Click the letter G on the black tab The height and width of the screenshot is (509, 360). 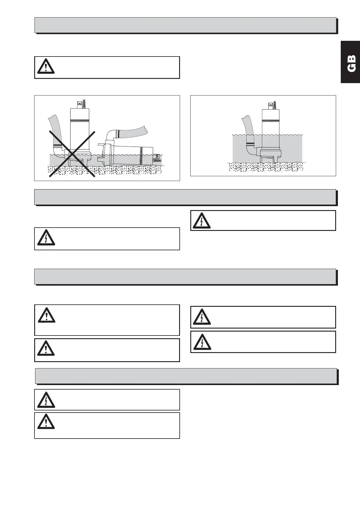[x=351, y=68]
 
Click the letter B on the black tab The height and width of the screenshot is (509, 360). [x=351, y=58]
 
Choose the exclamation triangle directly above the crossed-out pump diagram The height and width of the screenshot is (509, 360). [x=46, y=67]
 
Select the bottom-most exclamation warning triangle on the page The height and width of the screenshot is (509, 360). [x=46, y=422]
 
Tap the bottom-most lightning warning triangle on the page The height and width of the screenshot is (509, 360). [x=46, y=400]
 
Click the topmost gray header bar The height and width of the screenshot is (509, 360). [x=185, y=25]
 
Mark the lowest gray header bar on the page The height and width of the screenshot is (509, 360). [x=186, y=376]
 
